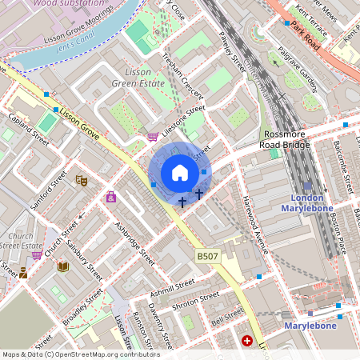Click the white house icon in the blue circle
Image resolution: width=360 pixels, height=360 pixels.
(x=180, y=173)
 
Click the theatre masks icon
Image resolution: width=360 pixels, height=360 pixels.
(x=80, y=181)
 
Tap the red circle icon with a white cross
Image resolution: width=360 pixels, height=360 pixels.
(x=247, y=341)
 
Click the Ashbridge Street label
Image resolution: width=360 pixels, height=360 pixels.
(x=134, y=243)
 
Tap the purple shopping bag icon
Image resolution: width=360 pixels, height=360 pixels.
(x=110, y=197)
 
